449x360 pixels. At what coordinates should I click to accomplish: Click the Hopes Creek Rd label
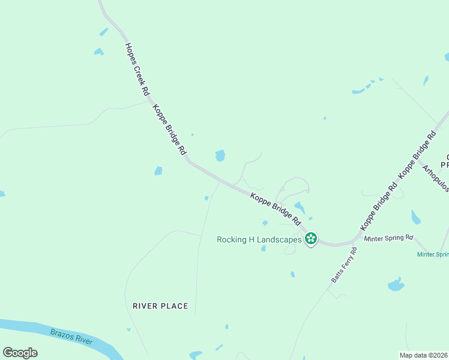click(137, 70)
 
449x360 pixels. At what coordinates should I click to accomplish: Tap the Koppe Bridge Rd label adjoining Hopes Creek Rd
click(169, 131)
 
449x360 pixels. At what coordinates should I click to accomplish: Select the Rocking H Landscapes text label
click(259, 239)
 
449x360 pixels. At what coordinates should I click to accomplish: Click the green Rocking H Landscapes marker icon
click(311, 239)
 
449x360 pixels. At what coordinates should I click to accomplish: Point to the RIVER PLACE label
click(160, 306)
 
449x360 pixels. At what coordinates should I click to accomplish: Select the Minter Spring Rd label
click(389, 238)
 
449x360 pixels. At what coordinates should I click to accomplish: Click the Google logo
click(20, 353)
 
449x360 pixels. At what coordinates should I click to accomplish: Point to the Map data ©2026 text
click(424, 355)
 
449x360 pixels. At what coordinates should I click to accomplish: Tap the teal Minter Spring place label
click(433, 254)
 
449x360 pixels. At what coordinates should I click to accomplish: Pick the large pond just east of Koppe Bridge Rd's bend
click(220, 155)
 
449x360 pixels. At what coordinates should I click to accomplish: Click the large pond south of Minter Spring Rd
click(396, 284)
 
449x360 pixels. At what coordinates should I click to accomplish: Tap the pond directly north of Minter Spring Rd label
click(415, 217)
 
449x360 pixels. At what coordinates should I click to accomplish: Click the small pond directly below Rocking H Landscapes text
click(263, 248)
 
